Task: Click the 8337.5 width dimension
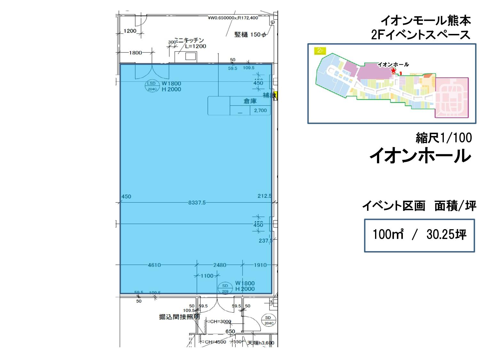point(197,203)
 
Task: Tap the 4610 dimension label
point(154,265)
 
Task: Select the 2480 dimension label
point(220,265)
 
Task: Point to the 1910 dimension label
point(260,265)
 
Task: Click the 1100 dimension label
point(207,276)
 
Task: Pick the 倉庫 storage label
point(250,101)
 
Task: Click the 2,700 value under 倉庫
point(260,111)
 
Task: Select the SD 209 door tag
point(225,288)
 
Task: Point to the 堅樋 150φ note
point(250,35)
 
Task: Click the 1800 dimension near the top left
point(135,53)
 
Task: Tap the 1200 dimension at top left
point(130,31)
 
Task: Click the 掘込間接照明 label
point(180,317)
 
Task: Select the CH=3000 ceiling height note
point(220,322)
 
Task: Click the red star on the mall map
point(393,71)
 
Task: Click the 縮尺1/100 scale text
point(444,138)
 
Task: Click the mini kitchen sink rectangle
point(191,56)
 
